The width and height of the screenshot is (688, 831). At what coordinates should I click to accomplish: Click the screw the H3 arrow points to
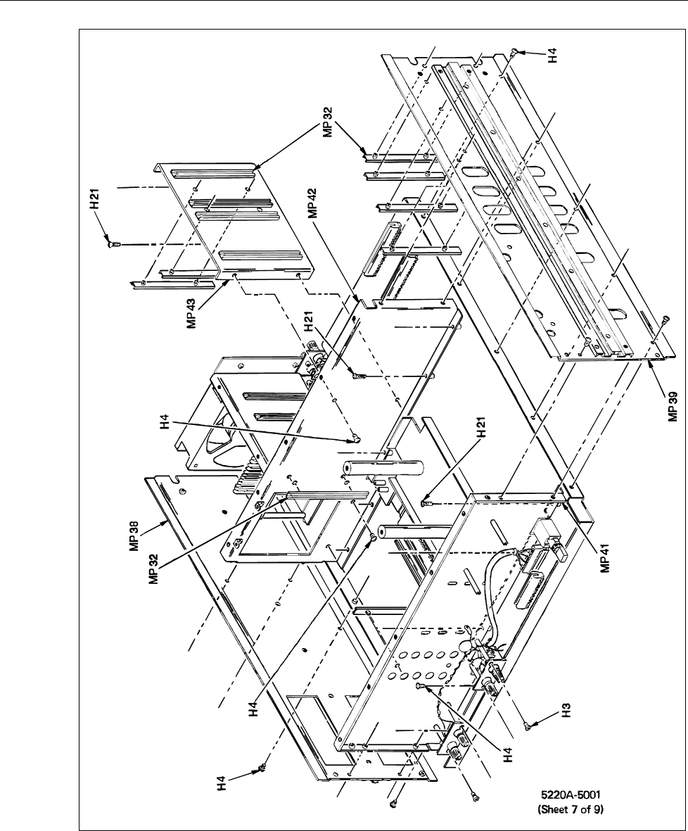[526, 726]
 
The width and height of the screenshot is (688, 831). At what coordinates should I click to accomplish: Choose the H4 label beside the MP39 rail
[553, 54]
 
